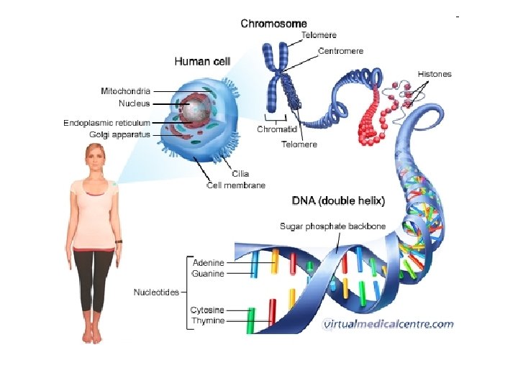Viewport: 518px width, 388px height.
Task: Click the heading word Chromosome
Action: (273, 24)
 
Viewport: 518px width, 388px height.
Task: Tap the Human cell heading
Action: (202, 62)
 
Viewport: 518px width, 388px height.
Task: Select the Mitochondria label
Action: (125, 91)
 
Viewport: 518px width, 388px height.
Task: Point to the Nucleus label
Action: (135, 103)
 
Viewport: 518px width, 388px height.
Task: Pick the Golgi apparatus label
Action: (120, 134)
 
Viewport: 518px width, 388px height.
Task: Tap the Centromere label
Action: (341, 51)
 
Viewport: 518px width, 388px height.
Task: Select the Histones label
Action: (435, 74)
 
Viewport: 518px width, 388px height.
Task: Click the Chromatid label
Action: (277, 129)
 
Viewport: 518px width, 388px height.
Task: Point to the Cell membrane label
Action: (236, 185)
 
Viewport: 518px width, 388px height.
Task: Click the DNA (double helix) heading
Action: (338, 200)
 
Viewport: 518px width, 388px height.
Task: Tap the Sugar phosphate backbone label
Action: (332, 226)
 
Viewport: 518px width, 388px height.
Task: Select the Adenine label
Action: (208, 262)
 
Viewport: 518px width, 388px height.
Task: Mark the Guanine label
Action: (208, 274)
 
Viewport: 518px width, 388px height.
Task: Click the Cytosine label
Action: (207, 310)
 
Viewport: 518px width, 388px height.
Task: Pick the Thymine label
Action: (208, 321)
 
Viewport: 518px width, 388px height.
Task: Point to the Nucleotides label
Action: (156, 292)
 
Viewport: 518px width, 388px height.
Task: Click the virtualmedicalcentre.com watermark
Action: (388, 323)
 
